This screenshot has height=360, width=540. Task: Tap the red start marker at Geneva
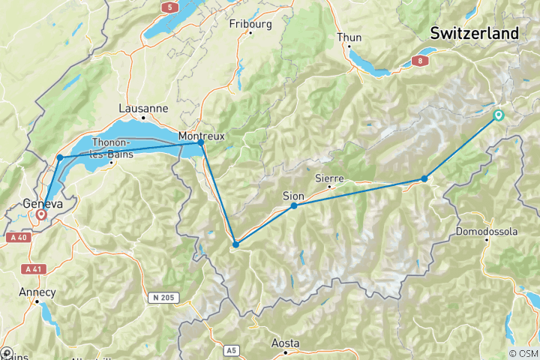(40, 214)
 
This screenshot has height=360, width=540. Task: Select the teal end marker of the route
(498, 115)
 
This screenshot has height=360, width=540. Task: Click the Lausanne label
(143, 108)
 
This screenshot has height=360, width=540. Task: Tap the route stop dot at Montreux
(201, 142)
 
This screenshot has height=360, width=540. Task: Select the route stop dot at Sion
(294, 205)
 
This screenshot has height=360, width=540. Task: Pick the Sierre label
(329, 178)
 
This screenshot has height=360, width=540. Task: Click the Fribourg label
(250, 23)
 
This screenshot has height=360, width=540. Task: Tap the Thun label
(349, 37)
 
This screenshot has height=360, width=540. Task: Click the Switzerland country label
(474, 34)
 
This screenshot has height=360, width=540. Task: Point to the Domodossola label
(487, 232)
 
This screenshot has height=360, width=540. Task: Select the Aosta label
(285, 343)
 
